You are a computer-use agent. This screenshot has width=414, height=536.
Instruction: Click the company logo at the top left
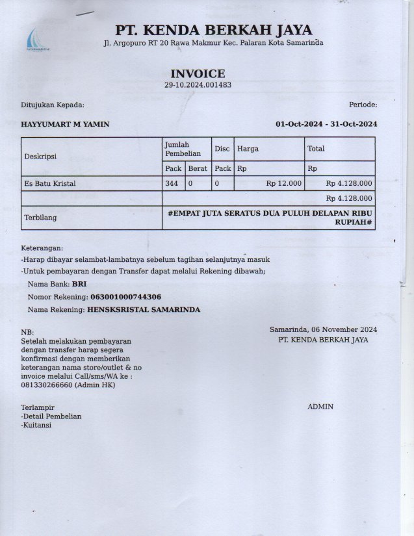pos(37,40)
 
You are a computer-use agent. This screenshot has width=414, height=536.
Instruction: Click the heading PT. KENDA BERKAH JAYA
pos(214,30)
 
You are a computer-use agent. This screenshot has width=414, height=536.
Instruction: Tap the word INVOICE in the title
pos(198,74)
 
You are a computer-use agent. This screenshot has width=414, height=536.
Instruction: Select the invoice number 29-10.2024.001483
pos(198,85)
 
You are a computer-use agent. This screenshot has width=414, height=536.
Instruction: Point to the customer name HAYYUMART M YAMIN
pos(65,124)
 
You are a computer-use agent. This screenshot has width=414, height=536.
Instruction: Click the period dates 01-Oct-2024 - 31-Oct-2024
pos(326,124)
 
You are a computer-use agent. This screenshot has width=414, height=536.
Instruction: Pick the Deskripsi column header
pos(40,157)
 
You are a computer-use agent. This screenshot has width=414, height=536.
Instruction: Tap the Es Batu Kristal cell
pos(50,184)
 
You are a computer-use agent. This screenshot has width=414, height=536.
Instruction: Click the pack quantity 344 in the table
pos(172,184)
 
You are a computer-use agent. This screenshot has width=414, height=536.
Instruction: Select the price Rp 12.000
pos(284,184)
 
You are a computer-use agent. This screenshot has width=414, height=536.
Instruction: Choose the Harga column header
pos(248,149)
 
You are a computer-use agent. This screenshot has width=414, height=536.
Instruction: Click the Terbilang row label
pos(40,217)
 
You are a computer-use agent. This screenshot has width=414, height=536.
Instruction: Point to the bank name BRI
pos(79,284)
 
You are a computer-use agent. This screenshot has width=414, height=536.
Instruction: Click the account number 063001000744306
pos(125,297)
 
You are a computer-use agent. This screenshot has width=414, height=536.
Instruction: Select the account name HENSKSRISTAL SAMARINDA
pos(143,310)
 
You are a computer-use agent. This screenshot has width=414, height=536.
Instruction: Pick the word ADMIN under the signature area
pos(320,407)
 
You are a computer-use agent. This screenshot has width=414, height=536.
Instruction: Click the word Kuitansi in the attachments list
pos(37,426)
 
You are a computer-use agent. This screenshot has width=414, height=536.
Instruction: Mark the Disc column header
pos(222,149)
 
